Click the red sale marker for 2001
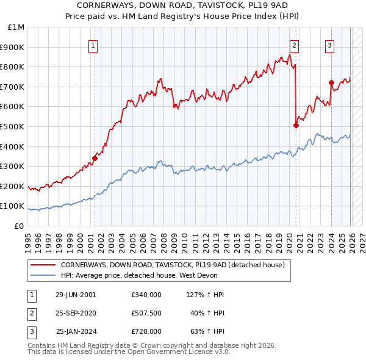(95, 158)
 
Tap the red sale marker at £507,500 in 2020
(296, 125)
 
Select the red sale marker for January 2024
(331, 82)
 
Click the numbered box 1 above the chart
(93, 45)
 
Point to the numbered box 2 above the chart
(294, 45)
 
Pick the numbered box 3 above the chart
(329, 45)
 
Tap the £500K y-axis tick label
(13, 126)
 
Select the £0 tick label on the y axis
(18, 226)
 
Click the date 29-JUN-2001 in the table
(76, 295)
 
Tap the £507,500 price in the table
(146, 313)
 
